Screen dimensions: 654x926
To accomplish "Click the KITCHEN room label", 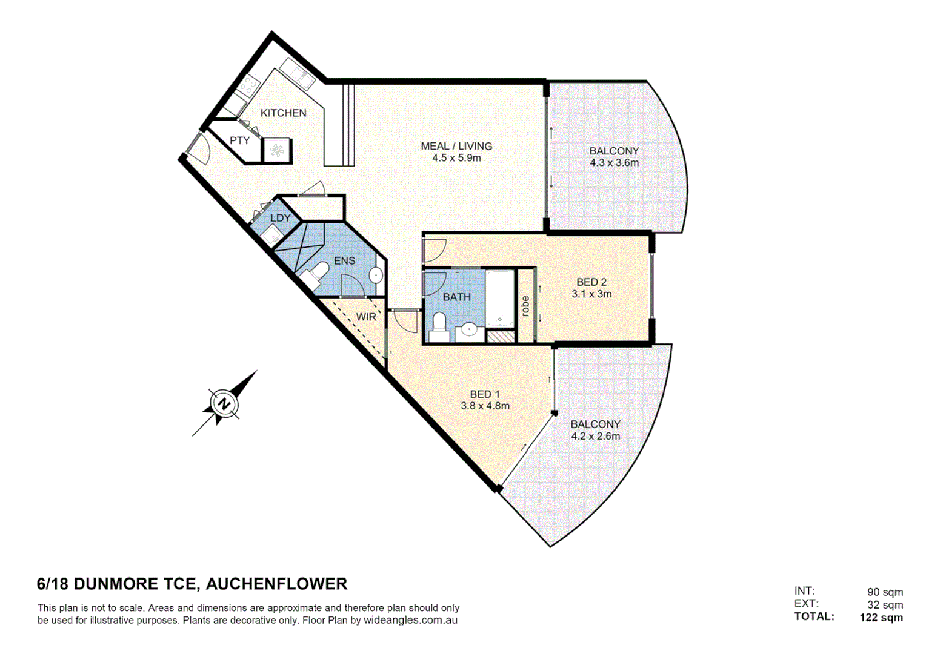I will [x=283, y=113].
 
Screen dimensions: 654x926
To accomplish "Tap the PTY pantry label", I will [x=239, y=140].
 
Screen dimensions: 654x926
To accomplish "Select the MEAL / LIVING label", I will [x=456, y=146].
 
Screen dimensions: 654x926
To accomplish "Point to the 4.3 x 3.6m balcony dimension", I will [x=614, y=163].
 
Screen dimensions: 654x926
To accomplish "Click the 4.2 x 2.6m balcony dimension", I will [x=595, y=436].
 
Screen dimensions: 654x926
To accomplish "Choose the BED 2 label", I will [x=591, y=282].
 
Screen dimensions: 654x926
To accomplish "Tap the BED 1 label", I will [x=485, y=394].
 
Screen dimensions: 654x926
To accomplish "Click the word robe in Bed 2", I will [x=525, y=306].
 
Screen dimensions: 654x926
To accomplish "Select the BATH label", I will [x=456, y=297].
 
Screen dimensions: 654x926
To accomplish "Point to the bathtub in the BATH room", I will [x=499, y=298].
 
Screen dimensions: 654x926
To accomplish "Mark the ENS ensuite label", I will [x=344, y=261].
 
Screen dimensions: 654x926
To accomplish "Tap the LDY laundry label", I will [x=280, y=218].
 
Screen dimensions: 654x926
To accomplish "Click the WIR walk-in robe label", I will [x=365, y=317].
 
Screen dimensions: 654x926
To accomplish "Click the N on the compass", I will [x=224, y=404].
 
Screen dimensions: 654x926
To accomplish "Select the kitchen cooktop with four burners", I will [x=248, y=87].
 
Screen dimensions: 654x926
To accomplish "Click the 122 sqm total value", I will [x=881, y=618].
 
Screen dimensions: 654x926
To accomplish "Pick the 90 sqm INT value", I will [x=884, y=592].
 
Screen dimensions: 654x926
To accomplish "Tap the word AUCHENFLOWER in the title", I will [x=276, y=584].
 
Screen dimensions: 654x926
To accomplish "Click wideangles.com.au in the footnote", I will [x=410, y=621].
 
